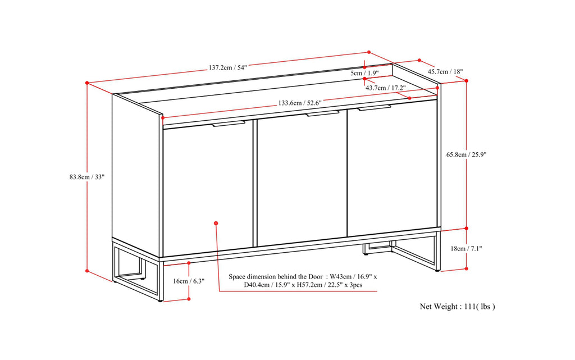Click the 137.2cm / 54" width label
[227, 67]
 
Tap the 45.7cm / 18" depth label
[445, 71]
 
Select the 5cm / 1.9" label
[364, 74]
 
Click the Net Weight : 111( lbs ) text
[458, 307]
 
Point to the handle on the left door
[228, 124]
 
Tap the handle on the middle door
[322, 114]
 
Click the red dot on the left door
[216, 224]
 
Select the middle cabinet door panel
[301, 180]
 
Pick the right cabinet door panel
[391, 168]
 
